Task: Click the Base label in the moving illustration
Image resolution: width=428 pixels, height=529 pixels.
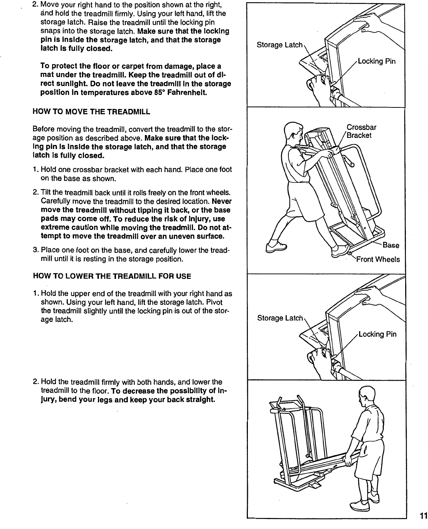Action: point(390,245)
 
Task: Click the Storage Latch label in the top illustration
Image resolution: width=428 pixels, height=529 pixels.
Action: point(279,45)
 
